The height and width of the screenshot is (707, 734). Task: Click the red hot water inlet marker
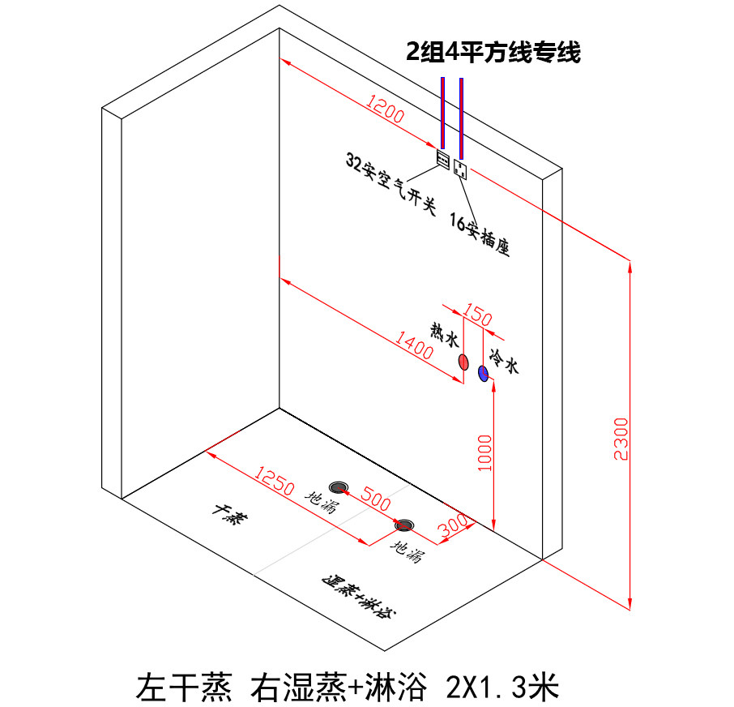463,362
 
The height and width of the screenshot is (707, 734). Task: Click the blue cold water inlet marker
483,373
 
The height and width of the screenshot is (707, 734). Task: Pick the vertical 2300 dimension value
621,439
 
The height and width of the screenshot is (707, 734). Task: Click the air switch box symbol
443,158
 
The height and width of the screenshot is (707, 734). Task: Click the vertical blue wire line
442,114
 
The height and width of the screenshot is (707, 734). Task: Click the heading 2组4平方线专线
493,54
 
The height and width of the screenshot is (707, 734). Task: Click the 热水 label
445,334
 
